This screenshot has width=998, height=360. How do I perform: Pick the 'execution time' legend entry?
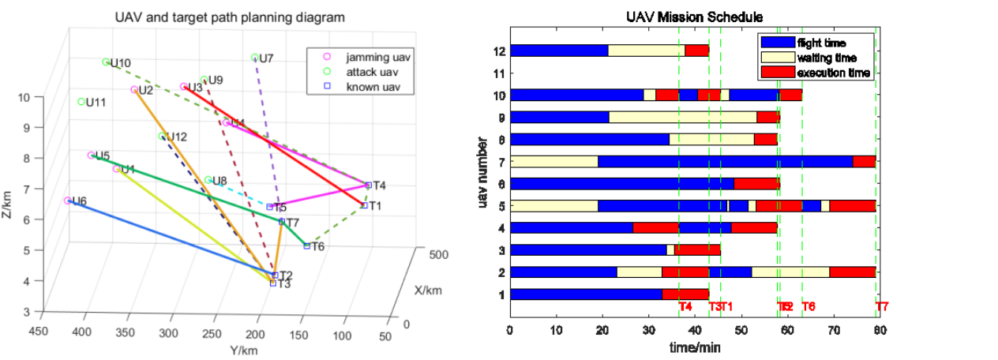[x=834, y=73]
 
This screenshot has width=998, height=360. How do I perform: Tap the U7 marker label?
[x=266, y=58]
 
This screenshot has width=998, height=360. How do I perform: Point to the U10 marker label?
[x=121, y=62]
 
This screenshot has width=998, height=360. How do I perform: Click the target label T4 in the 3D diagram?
[x=379, y=186]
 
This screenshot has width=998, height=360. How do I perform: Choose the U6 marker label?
[x=79, y=201]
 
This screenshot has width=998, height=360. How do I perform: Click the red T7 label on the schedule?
[x=882, y=306]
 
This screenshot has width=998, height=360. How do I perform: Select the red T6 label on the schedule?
[x=809, y=306]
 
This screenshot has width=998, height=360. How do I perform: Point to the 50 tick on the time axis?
[x=740, y=330]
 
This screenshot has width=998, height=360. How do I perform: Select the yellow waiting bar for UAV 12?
[x=647, y=51]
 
